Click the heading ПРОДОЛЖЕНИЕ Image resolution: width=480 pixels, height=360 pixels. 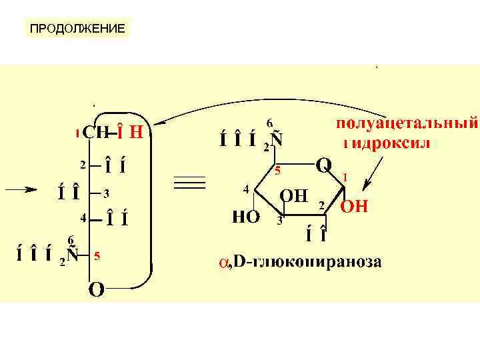[77, 29]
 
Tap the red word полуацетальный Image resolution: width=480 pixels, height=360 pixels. [407, 123]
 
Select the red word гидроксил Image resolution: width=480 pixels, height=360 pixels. [387, 143]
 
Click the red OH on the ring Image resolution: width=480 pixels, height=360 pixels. [354, 207]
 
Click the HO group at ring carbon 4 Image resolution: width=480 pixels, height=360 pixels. [245, 217]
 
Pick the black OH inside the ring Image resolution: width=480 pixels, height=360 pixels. [293, 196]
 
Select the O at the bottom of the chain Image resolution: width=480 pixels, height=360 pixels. [96, 291]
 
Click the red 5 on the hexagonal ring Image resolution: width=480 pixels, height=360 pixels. [279, 171]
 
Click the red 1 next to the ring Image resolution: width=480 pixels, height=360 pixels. [345, 177]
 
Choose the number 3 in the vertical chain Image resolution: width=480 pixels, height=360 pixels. [105, 193]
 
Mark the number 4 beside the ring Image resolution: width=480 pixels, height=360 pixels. [247, 189]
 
